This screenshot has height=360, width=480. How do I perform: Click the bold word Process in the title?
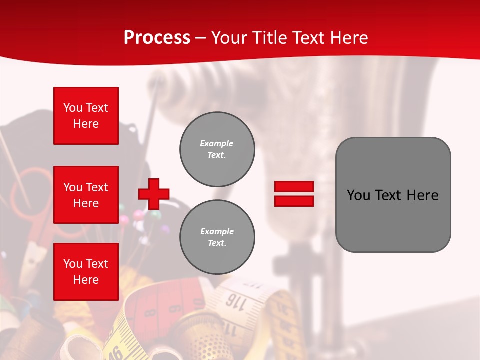(157, 37)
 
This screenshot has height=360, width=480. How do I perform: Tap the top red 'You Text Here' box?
(86, 116)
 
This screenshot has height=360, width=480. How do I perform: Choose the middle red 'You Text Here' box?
(86, 195)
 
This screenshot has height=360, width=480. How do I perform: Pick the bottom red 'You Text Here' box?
(86, 272)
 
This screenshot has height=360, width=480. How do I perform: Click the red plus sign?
(154, 194)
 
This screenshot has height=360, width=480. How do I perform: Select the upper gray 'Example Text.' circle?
(217, 149)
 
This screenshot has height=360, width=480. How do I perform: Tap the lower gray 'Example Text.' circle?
(217, 237)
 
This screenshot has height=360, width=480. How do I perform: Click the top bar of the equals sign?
(294, 187)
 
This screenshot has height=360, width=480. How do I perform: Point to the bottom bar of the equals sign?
(294, 201)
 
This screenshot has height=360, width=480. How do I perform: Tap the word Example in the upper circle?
(216, 143)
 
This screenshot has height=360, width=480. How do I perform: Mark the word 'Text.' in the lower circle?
(217, 243)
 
